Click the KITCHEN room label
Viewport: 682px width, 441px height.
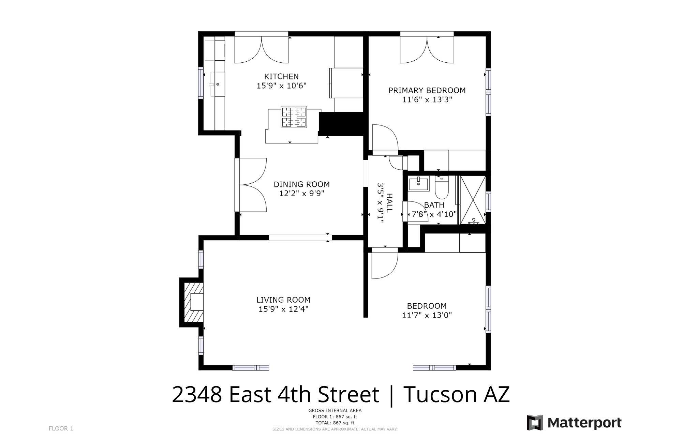pos(281,76)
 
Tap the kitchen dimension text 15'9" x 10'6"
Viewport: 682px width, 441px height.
pos(281,86)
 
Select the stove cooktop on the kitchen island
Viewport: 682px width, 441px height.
pos(294,117)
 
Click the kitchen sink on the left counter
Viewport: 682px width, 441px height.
pos(217,84)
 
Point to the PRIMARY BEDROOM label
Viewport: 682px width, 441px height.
pos(427,90)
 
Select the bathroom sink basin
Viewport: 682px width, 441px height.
pos(418,184)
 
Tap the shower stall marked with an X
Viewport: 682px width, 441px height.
pos(473,200)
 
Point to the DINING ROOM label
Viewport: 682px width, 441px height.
pos(301,184)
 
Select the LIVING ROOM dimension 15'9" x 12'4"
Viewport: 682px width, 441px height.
pos(283,309)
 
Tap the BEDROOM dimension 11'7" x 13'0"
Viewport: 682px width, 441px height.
pos(427,315)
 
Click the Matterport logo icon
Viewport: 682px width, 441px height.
pos(535,423)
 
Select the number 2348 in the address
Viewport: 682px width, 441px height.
pos(197,394)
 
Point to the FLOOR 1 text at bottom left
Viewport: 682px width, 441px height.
pos(61,428)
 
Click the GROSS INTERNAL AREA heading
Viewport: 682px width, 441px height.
pos(335,410)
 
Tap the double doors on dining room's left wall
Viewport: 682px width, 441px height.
pos(251,185)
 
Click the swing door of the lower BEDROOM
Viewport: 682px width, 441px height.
pos(385,264)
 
